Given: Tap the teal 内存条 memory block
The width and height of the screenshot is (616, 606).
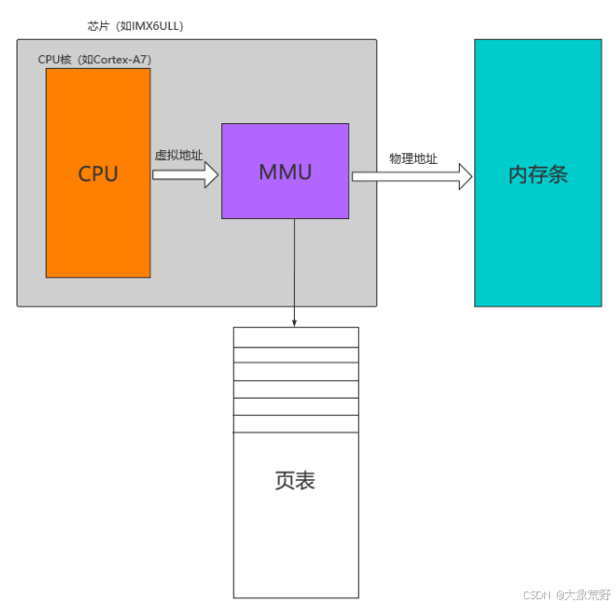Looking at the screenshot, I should coord(537,242).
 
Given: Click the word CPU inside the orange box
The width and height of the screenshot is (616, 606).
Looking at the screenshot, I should coord(98,174).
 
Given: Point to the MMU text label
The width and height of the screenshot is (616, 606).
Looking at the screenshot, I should coord(285,173).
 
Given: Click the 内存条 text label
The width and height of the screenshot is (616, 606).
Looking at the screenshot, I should coord(537,175).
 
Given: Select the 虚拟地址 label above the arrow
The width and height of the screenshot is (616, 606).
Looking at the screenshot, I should coord(178,154).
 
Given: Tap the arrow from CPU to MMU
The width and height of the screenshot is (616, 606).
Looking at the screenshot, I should coord(185,175).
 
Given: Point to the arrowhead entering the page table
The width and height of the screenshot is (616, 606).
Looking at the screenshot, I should coord(295,322).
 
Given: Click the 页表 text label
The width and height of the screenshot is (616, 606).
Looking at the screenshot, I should coord(295,481).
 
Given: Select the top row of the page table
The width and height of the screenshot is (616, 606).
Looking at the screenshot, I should coord(295,336).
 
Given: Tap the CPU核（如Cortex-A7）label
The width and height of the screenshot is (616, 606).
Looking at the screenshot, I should coord(94,60).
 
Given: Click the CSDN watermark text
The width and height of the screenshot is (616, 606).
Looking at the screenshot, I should coord(566,593).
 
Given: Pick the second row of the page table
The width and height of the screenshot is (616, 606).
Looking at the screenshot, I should coord(295,354).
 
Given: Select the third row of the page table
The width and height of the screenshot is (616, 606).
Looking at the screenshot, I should coord(295,371).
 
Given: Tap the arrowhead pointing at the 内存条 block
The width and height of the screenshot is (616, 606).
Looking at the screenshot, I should coord(465,176).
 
